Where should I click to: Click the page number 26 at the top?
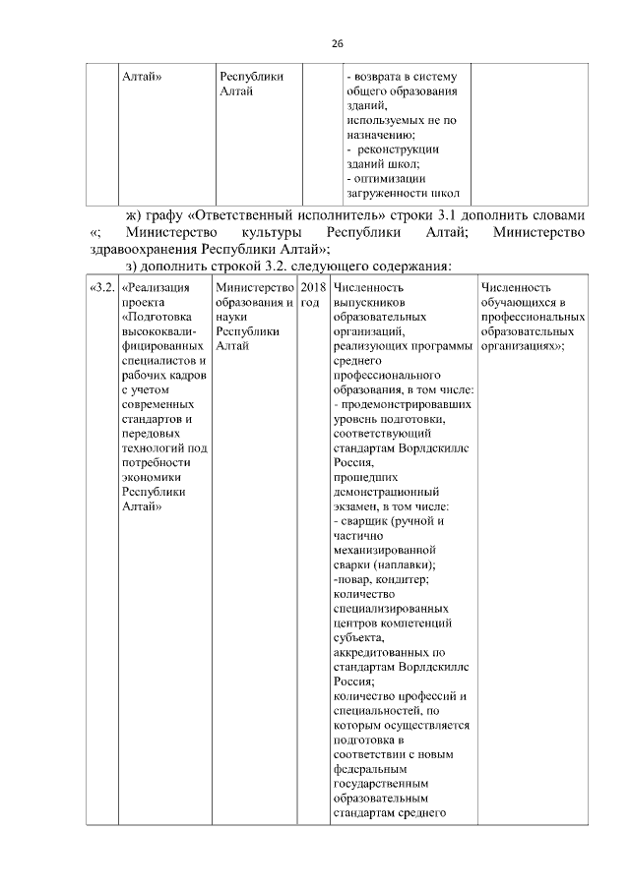pos(337,44)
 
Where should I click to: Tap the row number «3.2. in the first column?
pos(102,287)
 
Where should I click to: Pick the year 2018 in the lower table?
pos(313,287)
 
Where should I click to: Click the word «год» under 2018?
pos(310,303)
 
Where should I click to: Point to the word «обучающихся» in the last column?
pos(520,303)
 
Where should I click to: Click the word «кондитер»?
pos(403,581)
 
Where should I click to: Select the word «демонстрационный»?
pos(386,492)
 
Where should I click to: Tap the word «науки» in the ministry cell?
pos(231,318)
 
